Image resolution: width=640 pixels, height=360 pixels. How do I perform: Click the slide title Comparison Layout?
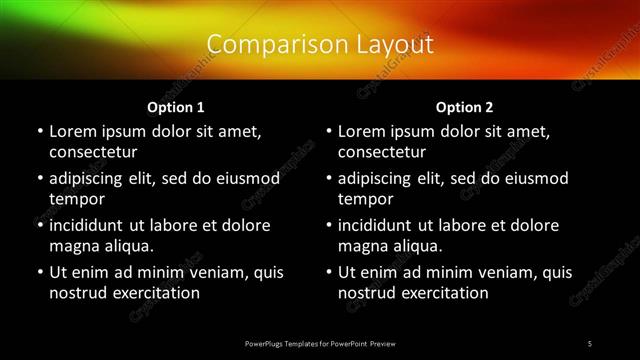[320, 44]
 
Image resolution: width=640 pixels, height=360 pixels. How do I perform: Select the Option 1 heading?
[176, 106]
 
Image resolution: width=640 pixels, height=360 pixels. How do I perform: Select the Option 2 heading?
[465, 106]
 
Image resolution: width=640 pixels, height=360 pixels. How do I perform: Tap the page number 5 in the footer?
[590, 343]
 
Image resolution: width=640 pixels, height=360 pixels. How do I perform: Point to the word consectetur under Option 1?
[93, 152]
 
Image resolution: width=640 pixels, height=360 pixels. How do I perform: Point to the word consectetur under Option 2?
[382, 152]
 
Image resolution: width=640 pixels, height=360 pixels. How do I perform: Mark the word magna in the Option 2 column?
[361, 246]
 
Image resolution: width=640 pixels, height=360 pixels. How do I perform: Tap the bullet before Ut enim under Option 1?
[39, 272]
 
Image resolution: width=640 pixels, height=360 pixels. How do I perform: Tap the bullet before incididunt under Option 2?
[328, 225]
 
